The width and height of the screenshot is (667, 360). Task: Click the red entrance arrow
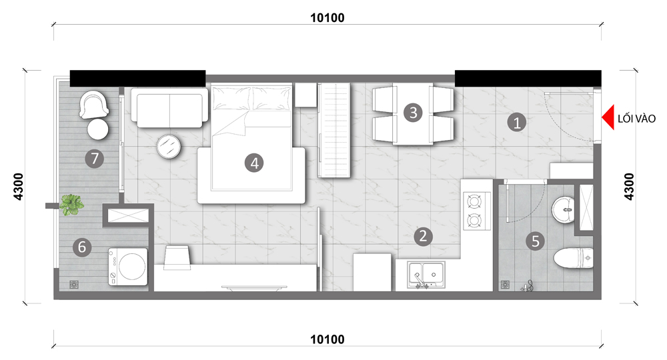[609, 117]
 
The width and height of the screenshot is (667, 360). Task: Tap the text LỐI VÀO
[636, 119]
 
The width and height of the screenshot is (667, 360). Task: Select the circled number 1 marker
[517, 123]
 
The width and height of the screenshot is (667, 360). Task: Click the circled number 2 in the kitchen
[423, 236]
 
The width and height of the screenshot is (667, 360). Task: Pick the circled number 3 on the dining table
[413, 113]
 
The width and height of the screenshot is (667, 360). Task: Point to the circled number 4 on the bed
[254, 163]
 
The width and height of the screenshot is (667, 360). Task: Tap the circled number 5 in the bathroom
[535, 241]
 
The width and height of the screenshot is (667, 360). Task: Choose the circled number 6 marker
[82, 247]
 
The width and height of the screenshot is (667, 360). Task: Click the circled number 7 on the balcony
[95, 159]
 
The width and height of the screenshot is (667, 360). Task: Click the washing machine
[128, 267]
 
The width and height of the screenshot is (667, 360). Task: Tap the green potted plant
[71, 205]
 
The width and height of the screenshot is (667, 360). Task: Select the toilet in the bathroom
[574, 258]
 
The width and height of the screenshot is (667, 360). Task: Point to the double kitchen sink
[426, 275]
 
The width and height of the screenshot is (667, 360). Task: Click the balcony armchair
[94, 105]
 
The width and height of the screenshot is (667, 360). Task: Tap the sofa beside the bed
[169, 107]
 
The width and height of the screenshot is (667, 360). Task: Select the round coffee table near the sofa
[169, 147]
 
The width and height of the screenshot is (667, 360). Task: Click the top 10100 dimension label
[327, 18]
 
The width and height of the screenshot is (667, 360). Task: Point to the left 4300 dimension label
[18, 187]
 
